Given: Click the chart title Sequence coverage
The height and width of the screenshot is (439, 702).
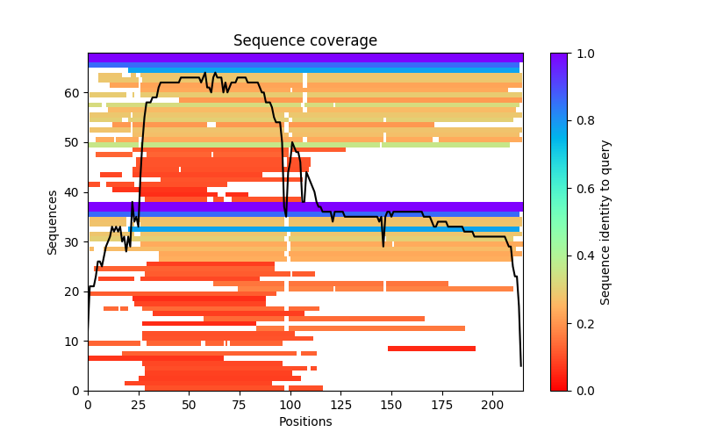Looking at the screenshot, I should (305, 41).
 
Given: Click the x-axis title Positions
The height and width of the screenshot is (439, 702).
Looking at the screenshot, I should (305, 421).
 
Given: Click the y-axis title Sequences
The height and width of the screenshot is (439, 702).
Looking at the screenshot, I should (53, 222).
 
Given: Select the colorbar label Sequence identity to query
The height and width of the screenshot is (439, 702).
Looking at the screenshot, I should (605, 222).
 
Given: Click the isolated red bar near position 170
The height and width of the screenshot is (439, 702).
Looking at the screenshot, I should (432, 349).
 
